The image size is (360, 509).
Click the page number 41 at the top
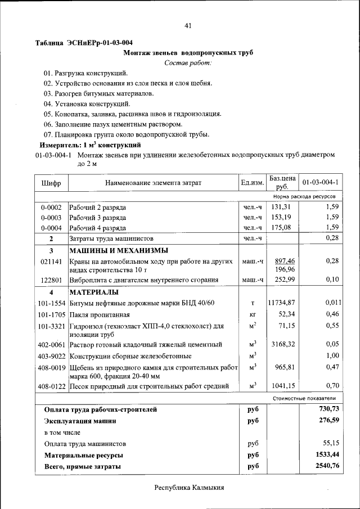click(188, 25)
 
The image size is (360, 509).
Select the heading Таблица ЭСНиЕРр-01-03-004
click(84, 43)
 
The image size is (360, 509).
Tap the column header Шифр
click(51, 183)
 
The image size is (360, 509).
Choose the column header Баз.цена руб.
click(283, 182)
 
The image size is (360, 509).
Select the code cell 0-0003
click(51, 217)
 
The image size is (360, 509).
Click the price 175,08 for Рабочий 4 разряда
click(283, 227)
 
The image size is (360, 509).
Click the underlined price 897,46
click(284, 261)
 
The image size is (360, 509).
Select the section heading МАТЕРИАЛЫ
click(93, 292)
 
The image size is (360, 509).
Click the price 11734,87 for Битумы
click(282, 303)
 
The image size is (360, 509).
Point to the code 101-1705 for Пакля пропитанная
click(51, 314)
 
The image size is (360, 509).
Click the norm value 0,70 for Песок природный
click(332, 386)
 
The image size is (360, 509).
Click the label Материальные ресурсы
click(83, 455)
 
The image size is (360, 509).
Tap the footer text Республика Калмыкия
click(189, 488)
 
